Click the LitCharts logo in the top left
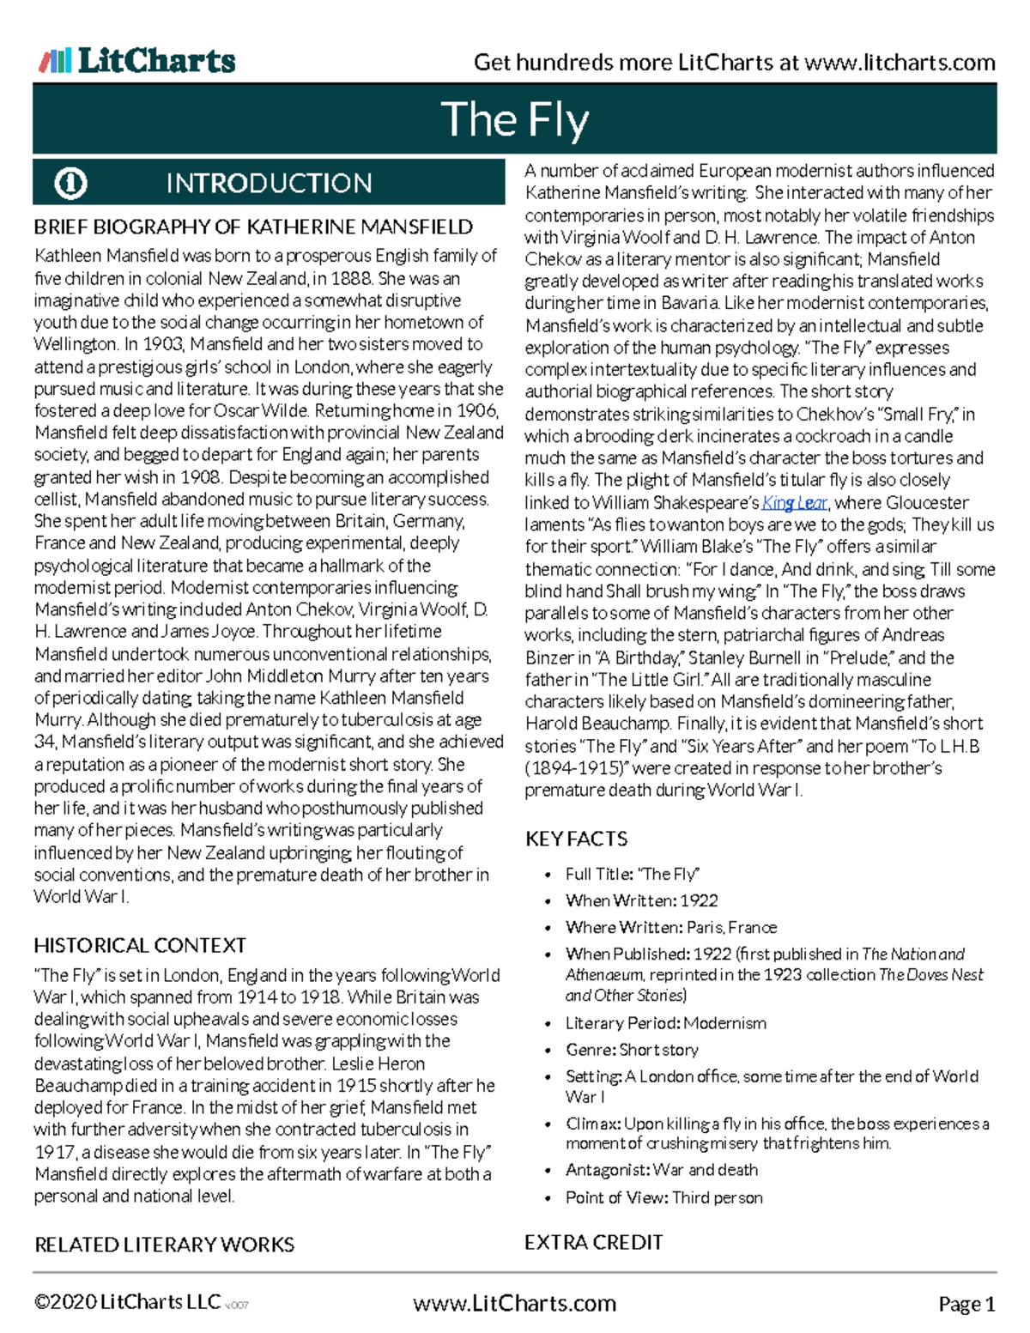pyautogui.click(x=137, y=61)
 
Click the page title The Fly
pyautogui.click(x=515, y=119)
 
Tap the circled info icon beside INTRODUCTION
pyautogui.click(x=70, y=183)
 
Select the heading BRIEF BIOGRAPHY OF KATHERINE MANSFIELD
pyautogui.click(x=253, y=227)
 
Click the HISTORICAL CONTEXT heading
pyautogui.click(x=140, y=945)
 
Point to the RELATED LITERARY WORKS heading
pyautogui.click(x=164, y=1244)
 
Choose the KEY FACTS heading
pyautogui.click(x=576, y=839)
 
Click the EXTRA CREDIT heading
pyautogui.click(x=593, y=1242)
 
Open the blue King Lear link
pyautogui.click(x=794, y=503)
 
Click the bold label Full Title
pyautogui.click(x=599, y=874)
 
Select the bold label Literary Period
pyautogui.click(x=623, y=1023)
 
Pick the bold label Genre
pyautogui.click(x=591, y=1050)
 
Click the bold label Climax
pyautogui.click(x=593, y=1124)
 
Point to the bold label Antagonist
pyautogui.click(x=608, y=1170)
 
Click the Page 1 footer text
pyautogui.click(x=966, y=1304)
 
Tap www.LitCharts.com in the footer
pyautogui.click(x=514, y=1303)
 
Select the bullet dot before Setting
pyautogui.click(x=548, y=1078)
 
